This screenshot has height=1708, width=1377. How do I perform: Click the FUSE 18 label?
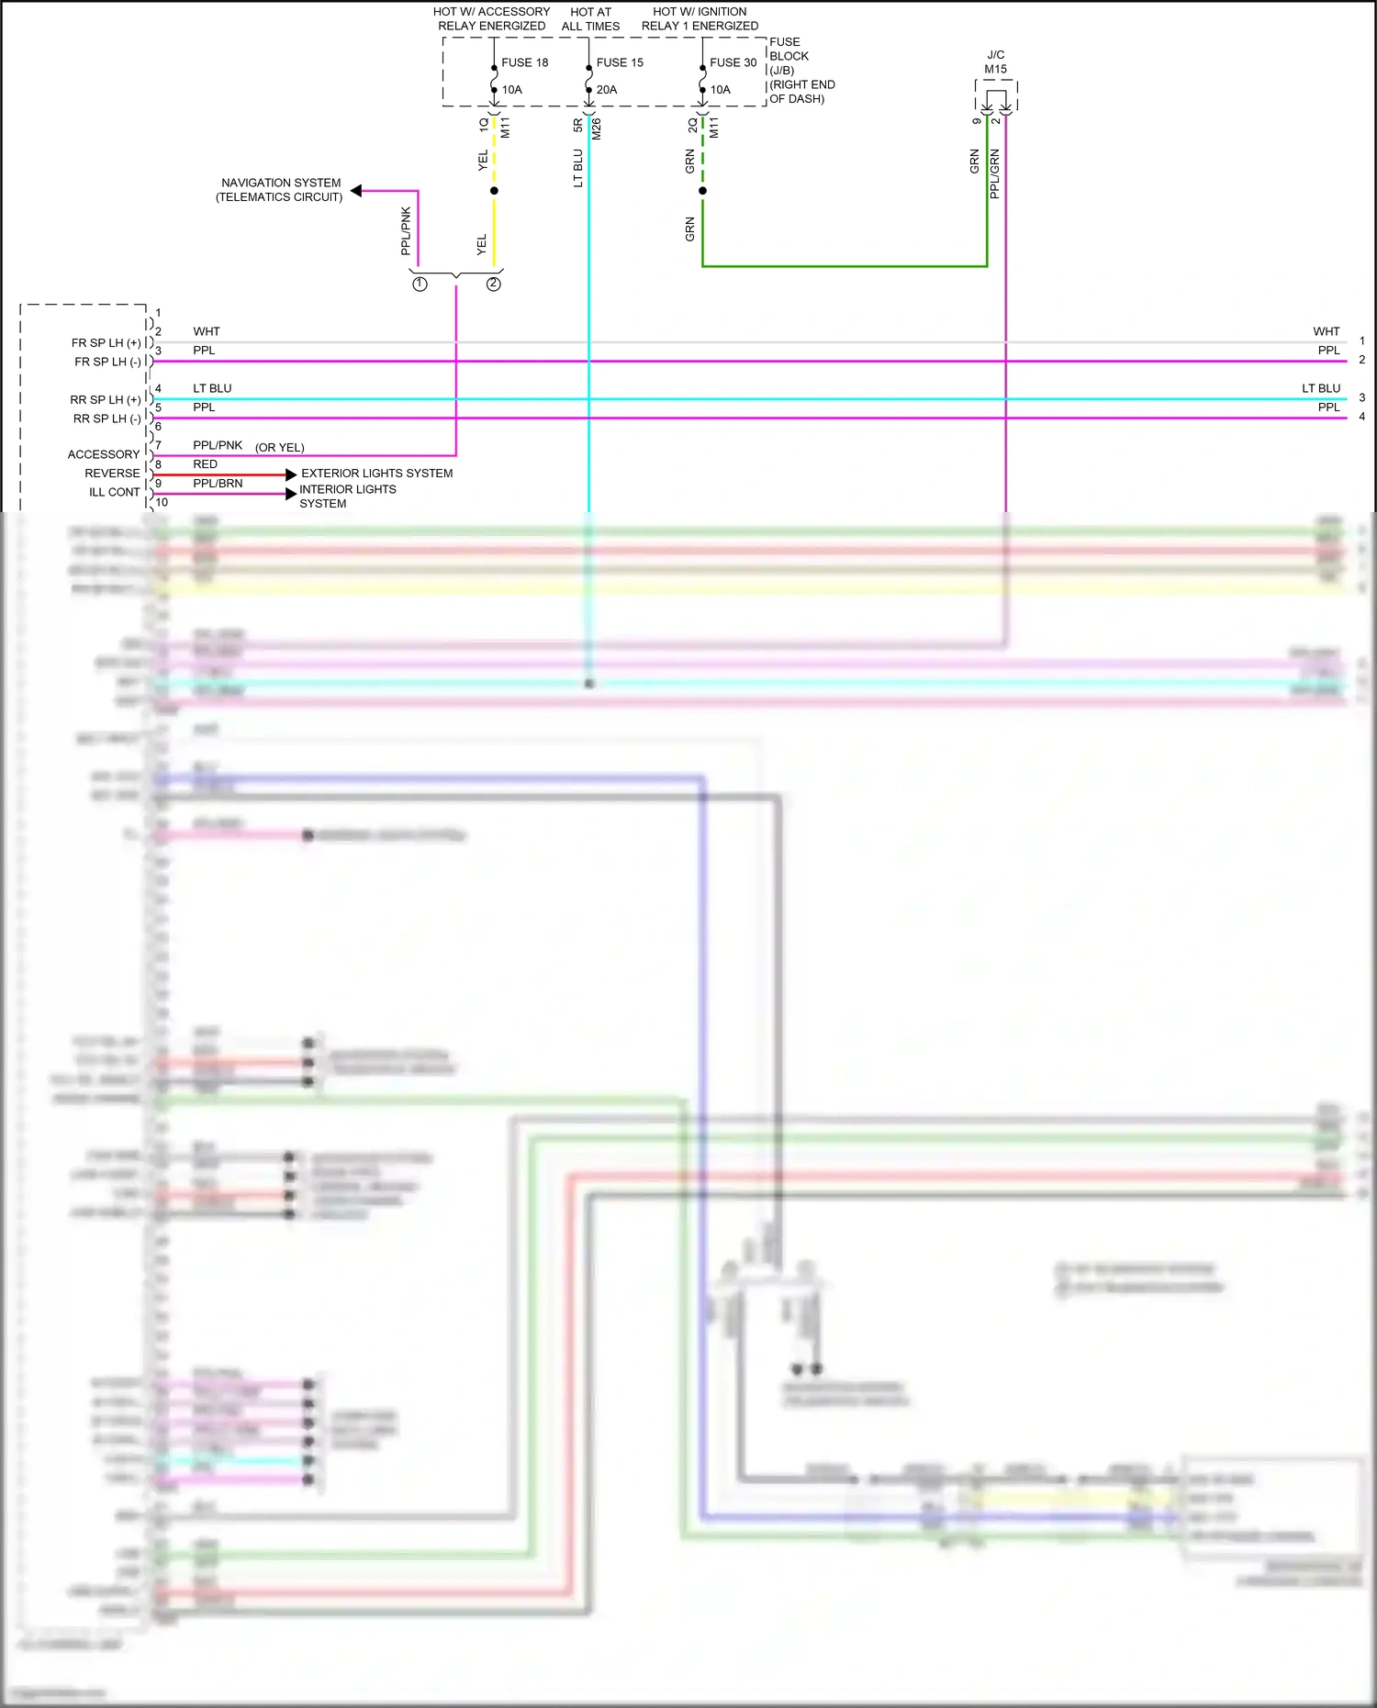[524, 62]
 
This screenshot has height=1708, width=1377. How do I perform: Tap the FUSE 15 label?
[620, 62]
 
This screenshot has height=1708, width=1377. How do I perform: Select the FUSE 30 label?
[733, 62]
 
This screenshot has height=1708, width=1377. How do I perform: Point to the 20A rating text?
[607, 90]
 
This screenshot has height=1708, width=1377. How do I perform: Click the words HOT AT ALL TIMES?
[590, 19]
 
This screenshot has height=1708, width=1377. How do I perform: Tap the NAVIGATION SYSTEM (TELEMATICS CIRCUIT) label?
[280, 190]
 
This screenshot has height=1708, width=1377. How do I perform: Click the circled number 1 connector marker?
[420, 285]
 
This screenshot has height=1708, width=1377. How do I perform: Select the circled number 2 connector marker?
[494, 285]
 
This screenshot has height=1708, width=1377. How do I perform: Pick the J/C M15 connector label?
[995, 61]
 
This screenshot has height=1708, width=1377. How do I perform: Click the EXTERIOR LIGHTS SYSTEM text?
[376, 474]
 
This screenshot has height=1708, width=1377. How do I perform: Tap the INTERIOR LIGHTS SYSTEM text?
[347, 497]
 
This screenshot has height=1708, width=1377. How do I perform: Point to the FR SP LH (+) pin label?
[106, 343]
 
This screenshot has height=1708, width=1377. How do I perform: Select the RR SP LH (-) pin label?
[107, 419]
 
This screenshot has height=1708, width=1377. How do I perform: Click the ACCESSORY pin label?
[104, 454]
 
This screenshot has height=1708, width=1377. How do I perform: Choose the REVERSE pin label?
[112, 474]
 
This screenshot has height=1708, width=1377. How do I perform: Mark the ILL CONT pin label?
[115, 492]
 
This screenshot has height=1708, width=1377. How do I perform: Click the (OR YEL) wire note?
[280, 448]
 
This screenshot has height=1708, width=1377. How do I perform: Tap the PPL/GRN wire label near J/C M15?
[995, 174]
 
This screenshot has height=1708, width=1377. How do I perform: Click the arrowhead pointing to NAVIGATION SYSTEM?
[356, 191]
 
